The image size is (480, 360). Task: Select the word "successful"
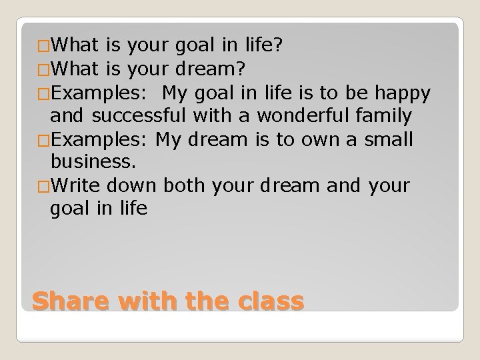[x=141, y=116]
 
